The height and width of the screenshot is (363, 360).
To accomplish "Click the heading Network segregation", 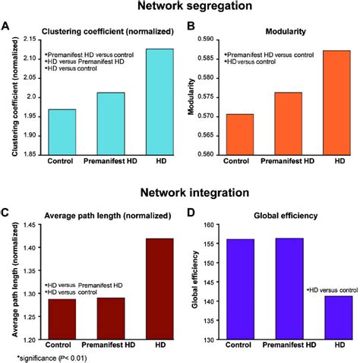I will pyautogui.click(x=180, y=8).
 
